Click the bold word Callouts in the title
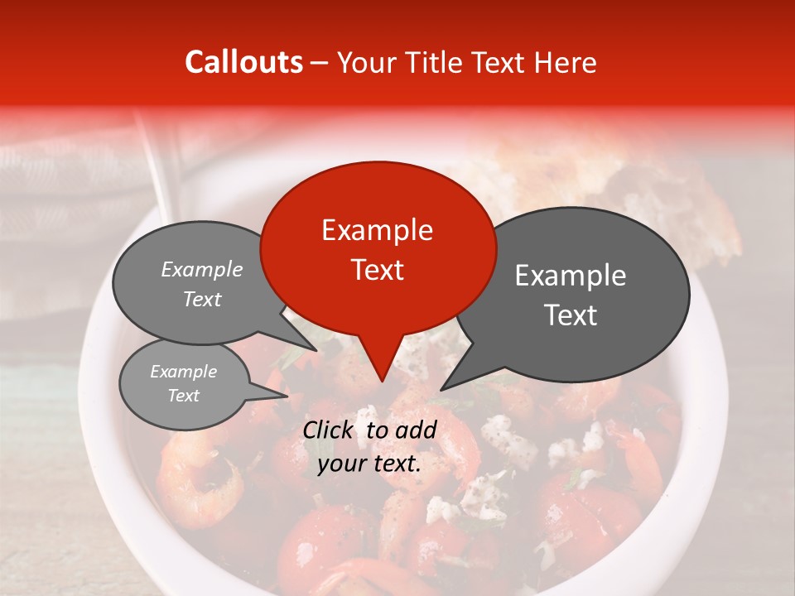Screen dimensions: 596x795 click(x=243, y=62)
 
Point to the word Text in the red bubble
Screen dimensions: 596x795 click(x=377, y=269)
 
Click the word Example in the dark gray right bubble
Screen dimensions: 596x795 click(x=571, y=275)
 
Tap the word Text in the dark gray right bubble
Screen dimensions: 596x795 click(x=571, y=315)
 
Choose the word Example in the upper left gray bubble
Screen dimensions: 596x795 click(x=201, y=269)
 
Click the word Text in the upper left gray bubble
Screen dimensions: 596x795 click(x=201, y=299)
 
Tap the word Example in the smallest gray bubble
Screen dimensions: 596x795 click(x=183, y=372)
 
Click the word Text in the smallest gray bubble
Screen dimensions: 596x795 click(x=183, y=396)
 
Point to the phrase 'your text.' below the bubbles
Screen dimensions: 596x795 click(x=369, y=464)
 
